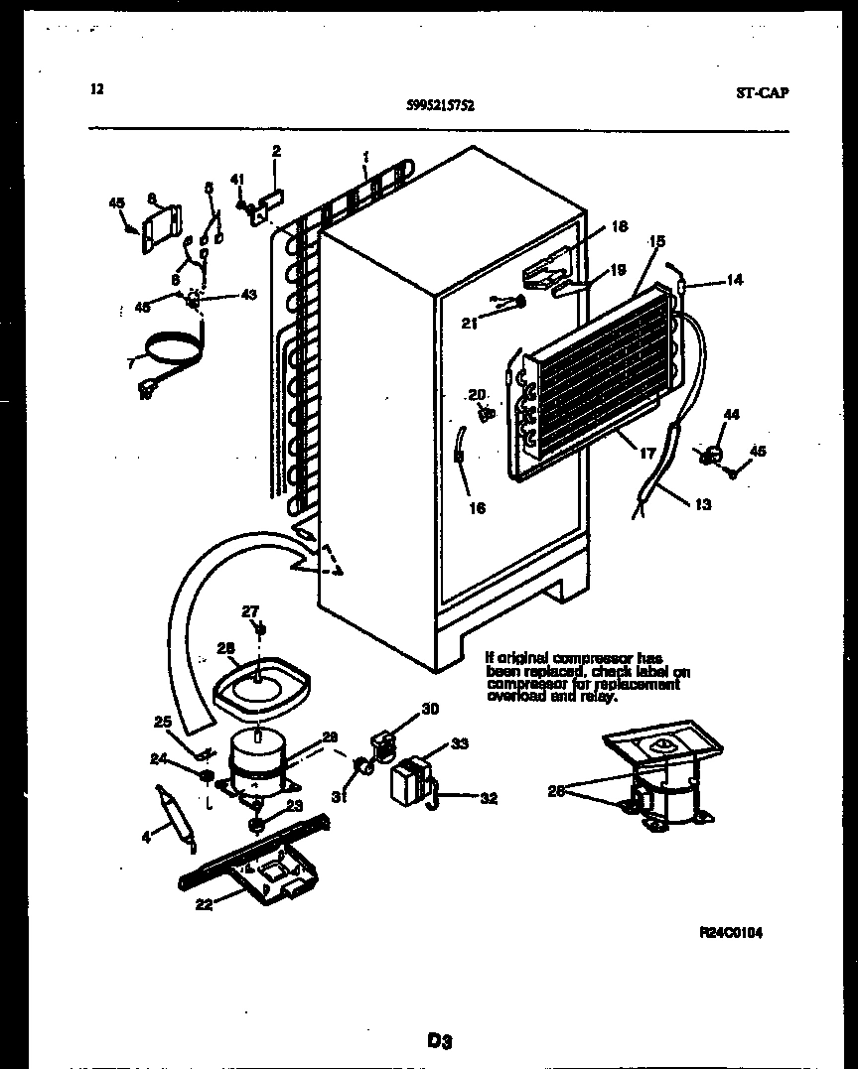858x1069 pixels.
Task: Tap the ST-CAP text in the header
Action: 764,92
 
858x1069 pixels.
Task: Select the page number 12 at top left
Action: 96,89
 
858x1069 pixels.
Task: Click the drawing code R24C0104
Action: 732,932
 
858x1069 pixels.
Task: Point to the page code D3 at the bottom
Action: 440,1040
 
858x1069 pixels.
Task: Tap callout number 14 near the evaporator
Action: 733,280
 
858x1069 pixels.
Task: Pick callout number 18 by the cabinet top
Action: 619,226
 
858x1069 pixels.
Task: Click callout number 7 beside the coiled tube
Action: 130,363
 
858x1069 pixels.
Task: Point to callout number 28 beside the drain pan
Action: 225,649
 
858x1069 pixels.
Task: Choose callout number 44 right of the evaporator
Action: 731,413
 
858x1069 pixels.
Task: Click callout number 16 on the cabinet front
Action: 477,508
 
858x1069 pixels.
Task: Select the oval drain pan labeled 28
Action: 263,688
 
